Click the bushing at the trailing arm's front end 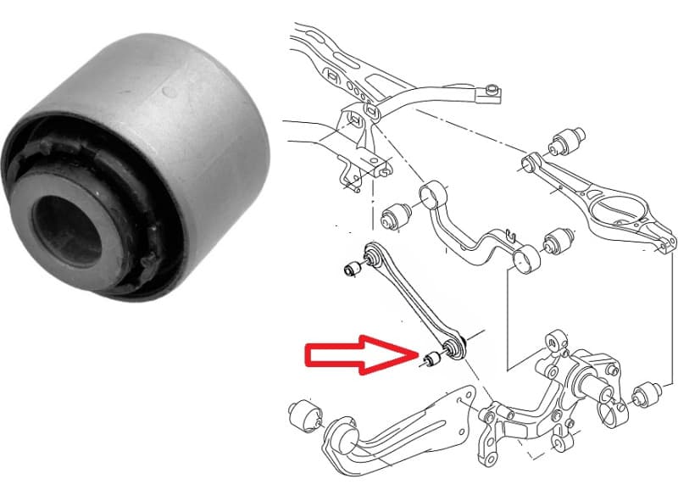302,416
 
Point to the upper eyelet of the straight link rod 371,253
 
